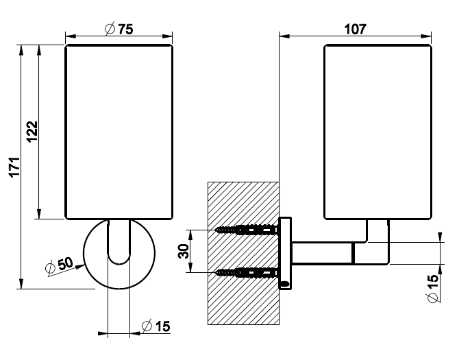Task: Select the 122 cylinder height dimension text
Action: [x=31, y=132]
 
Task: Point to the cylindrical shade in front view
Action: [x=119, y=132]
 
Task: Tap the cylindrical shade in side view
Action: [x=377, y=132]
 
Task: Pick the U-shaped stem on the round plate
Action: [x=119, y=243]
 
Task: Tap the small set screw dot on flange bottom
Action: [x=284, y=282]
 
